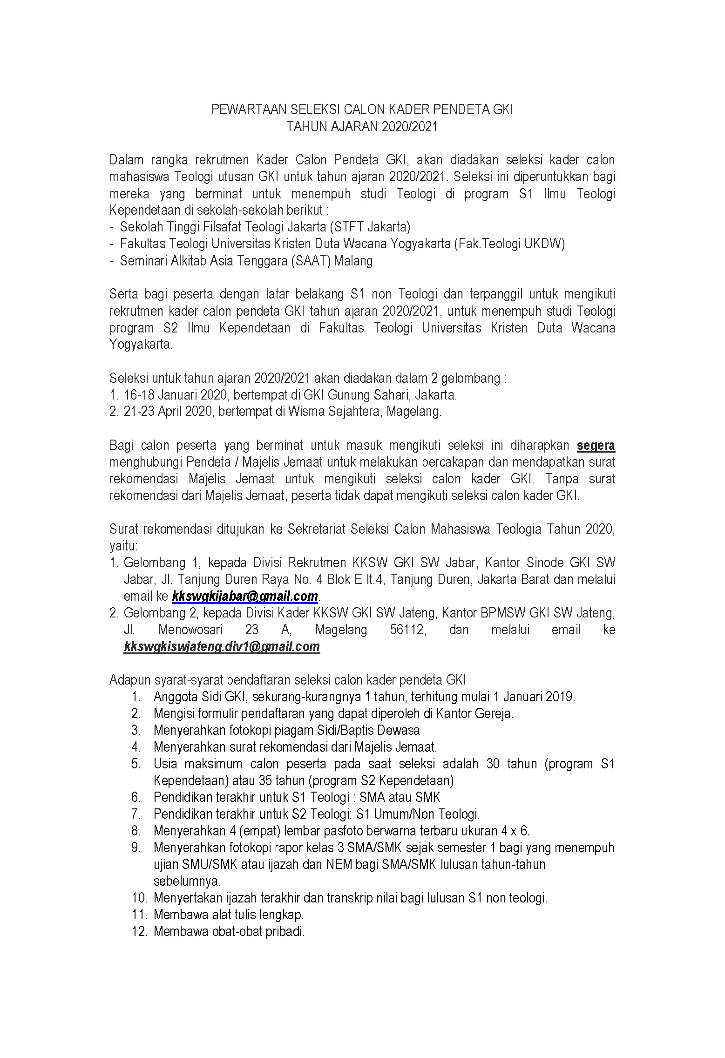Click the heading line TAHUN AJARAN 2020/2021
[362, 127]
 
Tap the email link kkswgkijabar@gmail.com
[244, 597]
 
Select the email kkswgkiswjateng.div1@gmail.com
[222, 647]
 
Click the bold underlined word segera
[596, 446]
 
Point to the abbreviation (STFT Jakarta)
[370, 227]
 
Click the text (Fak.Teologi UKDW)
[509, 244]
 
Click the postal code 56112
[407, 630]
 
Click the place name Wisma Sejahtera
[335, 412]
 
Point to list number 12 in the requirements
[139, 932]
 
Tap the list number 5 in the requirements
[136, 764]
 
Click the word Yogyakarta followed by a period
[141, 345]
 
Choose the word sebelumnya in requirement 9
[187, 882]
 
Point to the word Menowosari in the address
[190, 630]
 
